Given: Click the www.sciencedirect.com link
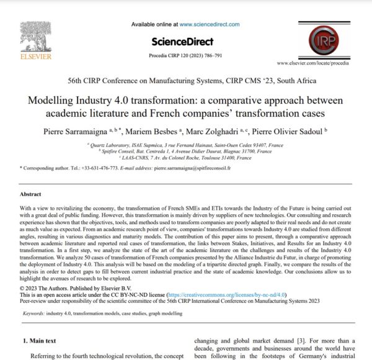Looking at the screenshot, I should point(210,24).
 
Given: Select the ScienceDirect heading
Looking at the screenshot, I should point(182,42).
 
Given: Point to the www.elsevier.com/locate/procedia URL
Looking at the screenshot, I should point(317,63).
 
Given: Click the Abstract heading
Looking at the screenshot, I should point(34,194).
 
